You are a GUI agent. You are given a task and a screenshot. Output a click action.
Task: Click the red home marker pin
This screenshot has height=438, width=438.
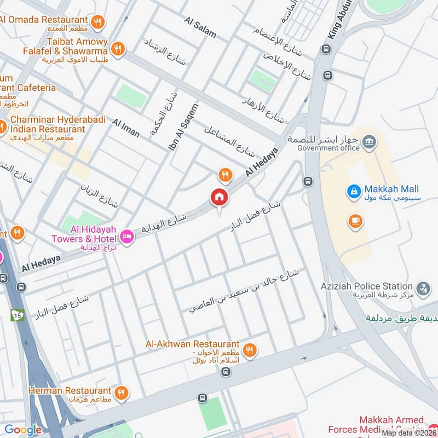click(218, 197)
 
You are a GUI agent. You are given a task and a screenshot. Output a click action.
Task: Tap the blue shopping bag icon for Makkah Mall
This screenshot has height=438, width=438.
click(354, 192)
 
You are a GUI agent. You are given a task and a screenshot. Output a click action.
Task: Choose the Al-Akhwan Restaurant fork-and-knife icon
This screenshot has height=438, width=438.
click(250, 349)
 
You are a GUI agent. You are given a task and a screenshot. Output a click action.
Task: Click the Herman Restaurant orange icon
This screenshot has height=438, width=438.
click(122, 392)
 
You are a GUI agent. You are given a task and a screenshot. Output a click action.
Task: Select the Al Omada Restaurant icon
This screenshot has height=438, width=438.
click(98, 22)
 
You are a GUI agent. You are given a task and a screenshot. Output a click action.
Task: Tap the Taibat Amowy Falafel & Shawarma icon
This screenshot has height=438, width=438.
click(117, 50)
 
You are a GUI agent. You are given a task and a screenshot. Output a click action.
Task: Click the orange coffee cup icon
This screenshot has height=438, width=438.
click(355, 221)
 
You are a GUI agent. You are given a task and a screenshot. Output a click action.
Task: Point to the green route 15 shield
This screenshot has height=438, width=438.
click(17, 315)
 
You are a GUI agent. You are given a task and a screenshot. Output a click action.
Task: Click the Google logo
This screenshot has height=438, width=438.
click(24, 430)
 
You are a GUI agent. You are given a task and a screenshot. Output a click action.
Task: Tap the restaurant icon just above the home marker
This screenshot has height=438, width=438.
click(224, 175)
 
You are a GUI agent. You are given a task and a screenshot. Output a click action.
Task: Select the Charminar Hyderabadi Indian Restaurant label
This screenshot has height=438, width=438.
click(48, 124)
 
